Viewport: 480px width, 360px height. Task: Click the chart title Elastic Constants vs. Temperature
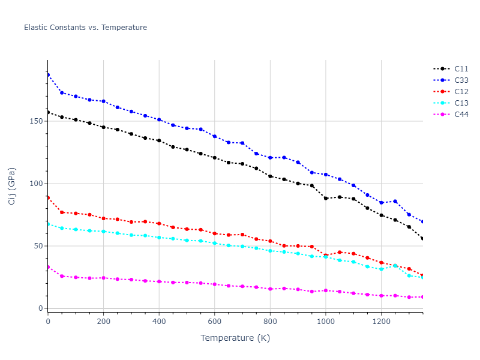[85, 28]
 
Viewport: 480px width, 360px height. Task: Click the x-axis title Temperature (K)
[235, 338]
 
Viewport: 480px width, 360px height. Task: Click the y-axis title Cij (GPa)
[12, 186]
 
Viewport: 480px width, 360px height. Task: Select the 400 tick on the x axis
[159, 321]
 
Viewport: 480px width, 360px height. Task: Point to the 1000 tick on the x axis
[326, 321]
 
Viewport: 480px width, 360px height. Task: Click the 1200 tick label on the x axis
[381, 321]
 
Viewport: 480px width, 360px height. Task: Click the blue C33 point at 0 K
[48, 74]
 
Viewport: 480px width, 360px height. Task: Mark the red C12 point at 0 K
[48, 197]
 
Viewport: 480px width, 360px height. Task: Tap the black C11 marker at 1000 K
[326, 198]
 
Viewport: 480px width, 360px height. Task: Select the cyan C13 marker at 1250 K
[395, 265]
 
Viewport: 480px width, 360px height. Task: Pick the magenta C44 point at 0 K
[48, 267]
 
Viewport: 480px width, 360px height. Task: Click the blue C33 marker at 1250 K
[395, 201]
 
